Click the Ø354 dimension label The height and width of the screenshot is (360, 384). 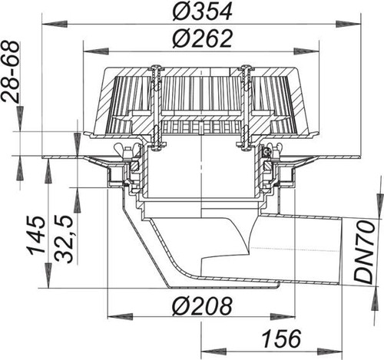point(202,12)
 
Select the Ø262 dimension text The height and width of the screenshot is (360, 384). point(202,38)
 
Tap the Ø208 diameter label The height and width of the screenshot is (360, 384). point(202,306)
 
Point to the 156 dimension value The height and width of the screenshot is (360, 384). point(282,339)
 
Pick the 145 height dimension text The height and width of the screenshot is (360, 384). point(38,236)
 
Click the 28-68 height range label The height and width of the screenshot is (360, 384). point(10,71)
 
